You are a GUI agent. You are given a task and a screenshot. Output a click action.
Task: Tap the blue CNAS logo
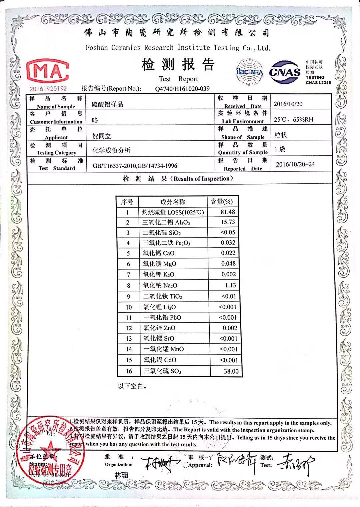point(285,72)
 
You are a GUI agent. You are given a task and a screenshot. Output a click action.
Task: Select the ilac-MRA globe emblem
point(249,71)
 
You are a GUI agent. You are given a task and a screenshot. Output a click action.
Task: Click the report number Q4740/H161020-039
point(182,89)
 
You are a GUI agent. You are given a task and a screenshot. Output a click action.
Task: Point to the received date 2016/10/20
point(288,104)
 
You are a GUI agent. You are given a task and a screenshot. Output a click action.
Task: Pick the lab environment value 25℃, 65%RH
point(293,119)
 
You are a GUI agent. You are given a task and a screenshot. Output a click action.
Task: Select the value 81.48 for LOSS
point(228,212)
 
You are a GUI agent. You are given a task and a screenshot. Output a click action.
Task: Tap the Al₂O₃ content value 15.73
point(228,222)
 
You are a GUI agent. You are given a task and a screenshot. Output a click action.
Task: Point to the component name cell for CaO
point(159,253)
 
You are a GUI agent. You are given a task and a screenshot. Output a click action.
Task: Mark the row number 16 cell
point(129,371)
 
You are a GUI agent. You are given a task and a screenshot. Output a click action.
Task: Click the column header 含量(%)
point(222,201)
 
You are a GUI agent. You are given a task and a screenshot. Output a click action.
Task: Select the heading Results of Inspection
point(202,178)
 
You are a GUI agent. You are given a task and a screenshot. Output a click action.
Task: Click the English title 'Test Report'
point(178,79)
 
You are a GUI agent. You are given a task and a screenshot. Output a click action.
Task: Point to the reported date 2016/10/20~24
point(295,164)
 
